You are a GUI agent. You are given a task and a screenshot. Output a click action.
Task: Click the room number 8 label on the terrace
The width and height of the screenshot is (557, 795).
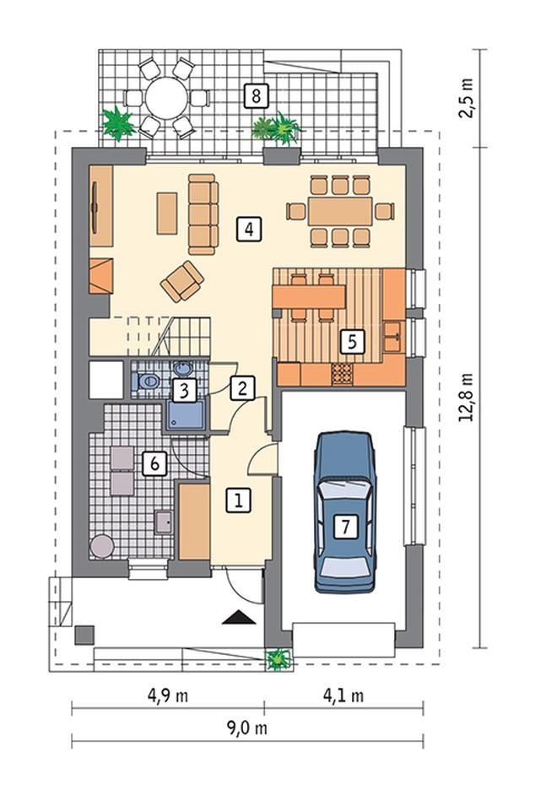tap(256, 95)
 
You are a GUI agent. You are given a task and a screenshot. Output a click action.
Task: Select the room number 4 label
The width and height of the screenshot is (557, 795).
tap(249, 230)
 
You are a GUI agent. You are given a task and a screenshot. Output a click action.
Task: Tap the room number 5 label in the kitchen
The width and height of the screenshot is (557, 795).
tap(352, 341)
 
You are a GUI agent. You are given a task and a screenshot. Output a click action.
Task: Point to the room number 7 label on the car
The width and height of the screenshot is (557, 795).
tap(346, 526)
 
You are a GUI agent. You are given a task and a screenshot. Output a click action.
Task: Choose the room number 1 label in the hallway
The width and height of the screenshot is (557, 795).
tap(238, 500)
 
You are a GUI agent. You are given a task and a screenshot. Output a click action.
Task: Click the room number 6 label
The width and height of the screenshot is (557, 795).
tap(154, 463)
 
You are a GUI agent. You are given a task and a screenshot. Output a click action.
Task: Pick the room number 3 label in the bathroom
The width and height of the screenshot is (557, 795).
tap(184, 391)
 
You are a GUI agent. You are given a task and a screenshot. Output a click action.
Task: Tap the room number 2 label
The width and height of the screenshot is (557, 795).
tap(243, 388)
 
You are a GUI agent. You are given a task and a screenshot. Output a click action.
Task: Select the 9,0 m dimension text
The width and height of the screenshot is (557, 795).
tap(246, 728)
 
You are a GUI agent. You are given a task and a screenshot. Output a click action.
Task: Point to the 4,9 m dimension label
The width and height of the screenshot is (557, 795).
tap(168, 695)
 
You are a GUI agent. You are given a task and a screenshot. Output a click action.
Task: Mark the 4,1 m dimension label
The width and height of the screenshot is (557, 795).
tap(343, 695)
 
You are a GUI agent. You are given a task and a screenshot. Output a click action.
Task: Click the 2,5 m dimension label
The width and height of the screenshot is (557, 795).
tap(466, 98)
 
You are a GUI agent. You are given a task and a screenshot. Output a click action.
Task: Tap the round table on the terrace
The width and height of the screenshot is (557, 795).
tap(167, 98)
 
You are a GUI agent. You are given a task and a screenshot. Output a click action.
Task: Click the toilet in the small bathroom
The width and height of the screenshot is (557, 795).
tap(146, 381)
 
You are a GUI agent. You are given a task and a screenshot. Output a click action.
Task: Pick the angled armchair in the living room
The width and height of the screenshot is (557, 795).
tap(182, 281)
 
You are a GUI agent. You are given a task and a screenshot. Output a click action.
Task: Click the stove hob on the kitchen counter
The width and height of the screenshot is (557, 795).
tap(343, 374)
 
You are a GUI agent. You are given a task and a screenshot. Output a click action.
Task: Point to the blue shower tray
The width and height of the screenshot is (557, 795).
tap(187, 415)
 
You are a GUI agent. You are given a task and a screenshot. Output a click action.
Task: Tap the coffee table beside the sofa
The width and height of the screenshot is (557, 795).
tap(167, 214)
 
